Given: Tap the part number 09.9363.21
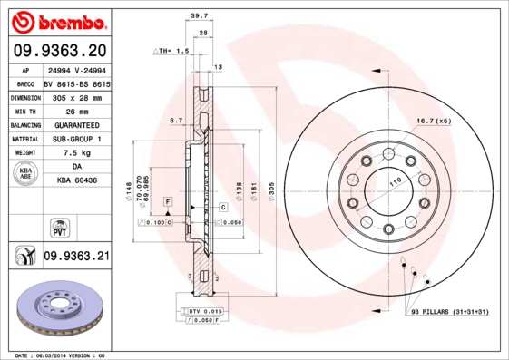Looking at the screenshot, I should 76,257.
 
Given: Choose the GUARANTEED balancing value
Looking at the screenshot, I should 76,124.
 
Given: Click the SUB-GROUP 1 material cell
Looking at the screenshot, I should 76,139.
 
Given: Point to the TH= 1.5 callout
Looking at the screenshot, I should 170,52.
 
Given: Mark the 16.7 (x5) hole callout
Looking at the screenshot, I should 433,121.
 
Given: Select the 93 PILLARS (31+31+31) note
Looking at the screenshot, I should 449,313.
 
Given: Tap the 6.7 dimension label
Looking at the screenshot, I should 176,119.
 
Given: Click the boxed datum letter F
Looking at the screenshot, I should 168,199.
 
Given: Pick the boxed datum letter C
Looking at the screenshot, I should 222,209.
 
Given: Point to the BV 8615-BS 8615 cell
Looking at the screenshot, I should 76,82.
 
